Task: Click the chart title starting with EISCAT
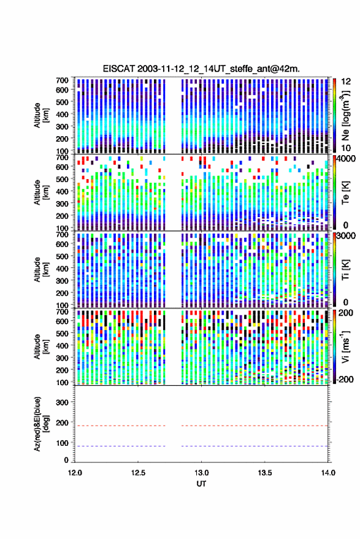201,69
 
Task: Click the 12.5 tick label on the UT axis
138,473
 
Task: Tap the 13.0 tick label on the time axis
201,473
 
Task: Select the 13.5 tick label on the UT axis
264,473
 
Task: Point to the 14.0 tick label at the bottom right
327,473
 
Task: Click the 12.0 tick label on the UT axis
75,473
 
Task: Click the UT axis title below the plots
201,484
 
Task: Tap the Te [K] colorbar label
345,193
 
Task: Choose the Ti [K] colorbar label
345,270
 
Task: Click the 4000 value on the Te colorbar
347,160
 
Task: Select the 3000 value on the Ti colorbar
347,236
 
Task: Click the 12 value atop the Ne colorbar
346,82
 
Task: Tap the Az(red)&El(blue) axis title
42,424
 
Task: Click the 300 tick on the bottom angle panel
62,402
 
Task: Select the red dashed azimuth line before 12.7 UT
120,426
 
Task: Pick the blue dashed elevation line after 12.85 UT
255,446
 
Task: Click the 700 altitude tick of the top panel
62,80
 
